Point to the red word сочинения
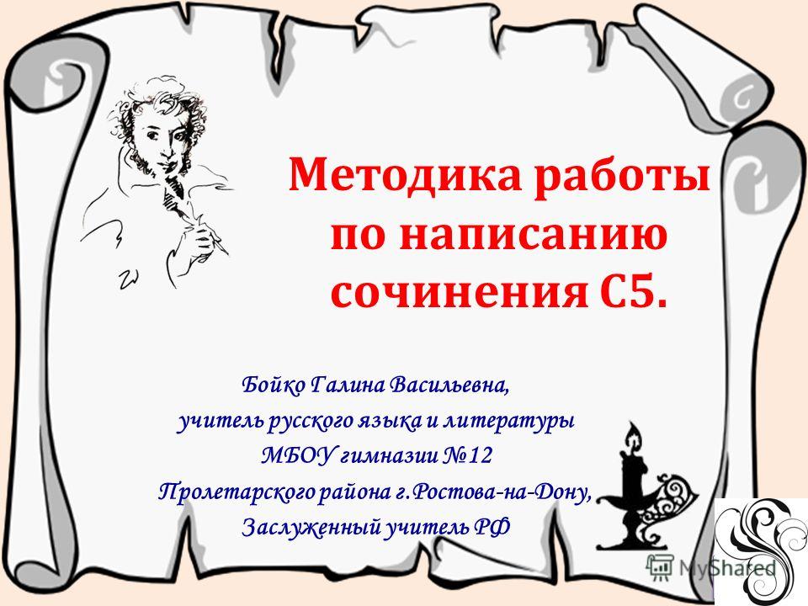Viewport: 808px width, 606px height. click(460, 294)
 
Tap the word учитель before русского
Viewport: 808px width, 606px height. click(221, 421)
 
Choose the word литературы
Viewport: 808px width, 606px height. click(509, 422)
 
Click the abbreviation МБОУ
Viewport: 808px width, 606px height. click(298, 455)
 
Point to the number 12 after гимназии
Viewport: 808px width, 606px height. click(481, 456)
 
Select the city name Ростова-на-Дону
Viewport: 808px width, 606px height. click(502, 492)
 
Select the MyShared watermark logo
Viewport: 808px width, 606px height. click(711, 567)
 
